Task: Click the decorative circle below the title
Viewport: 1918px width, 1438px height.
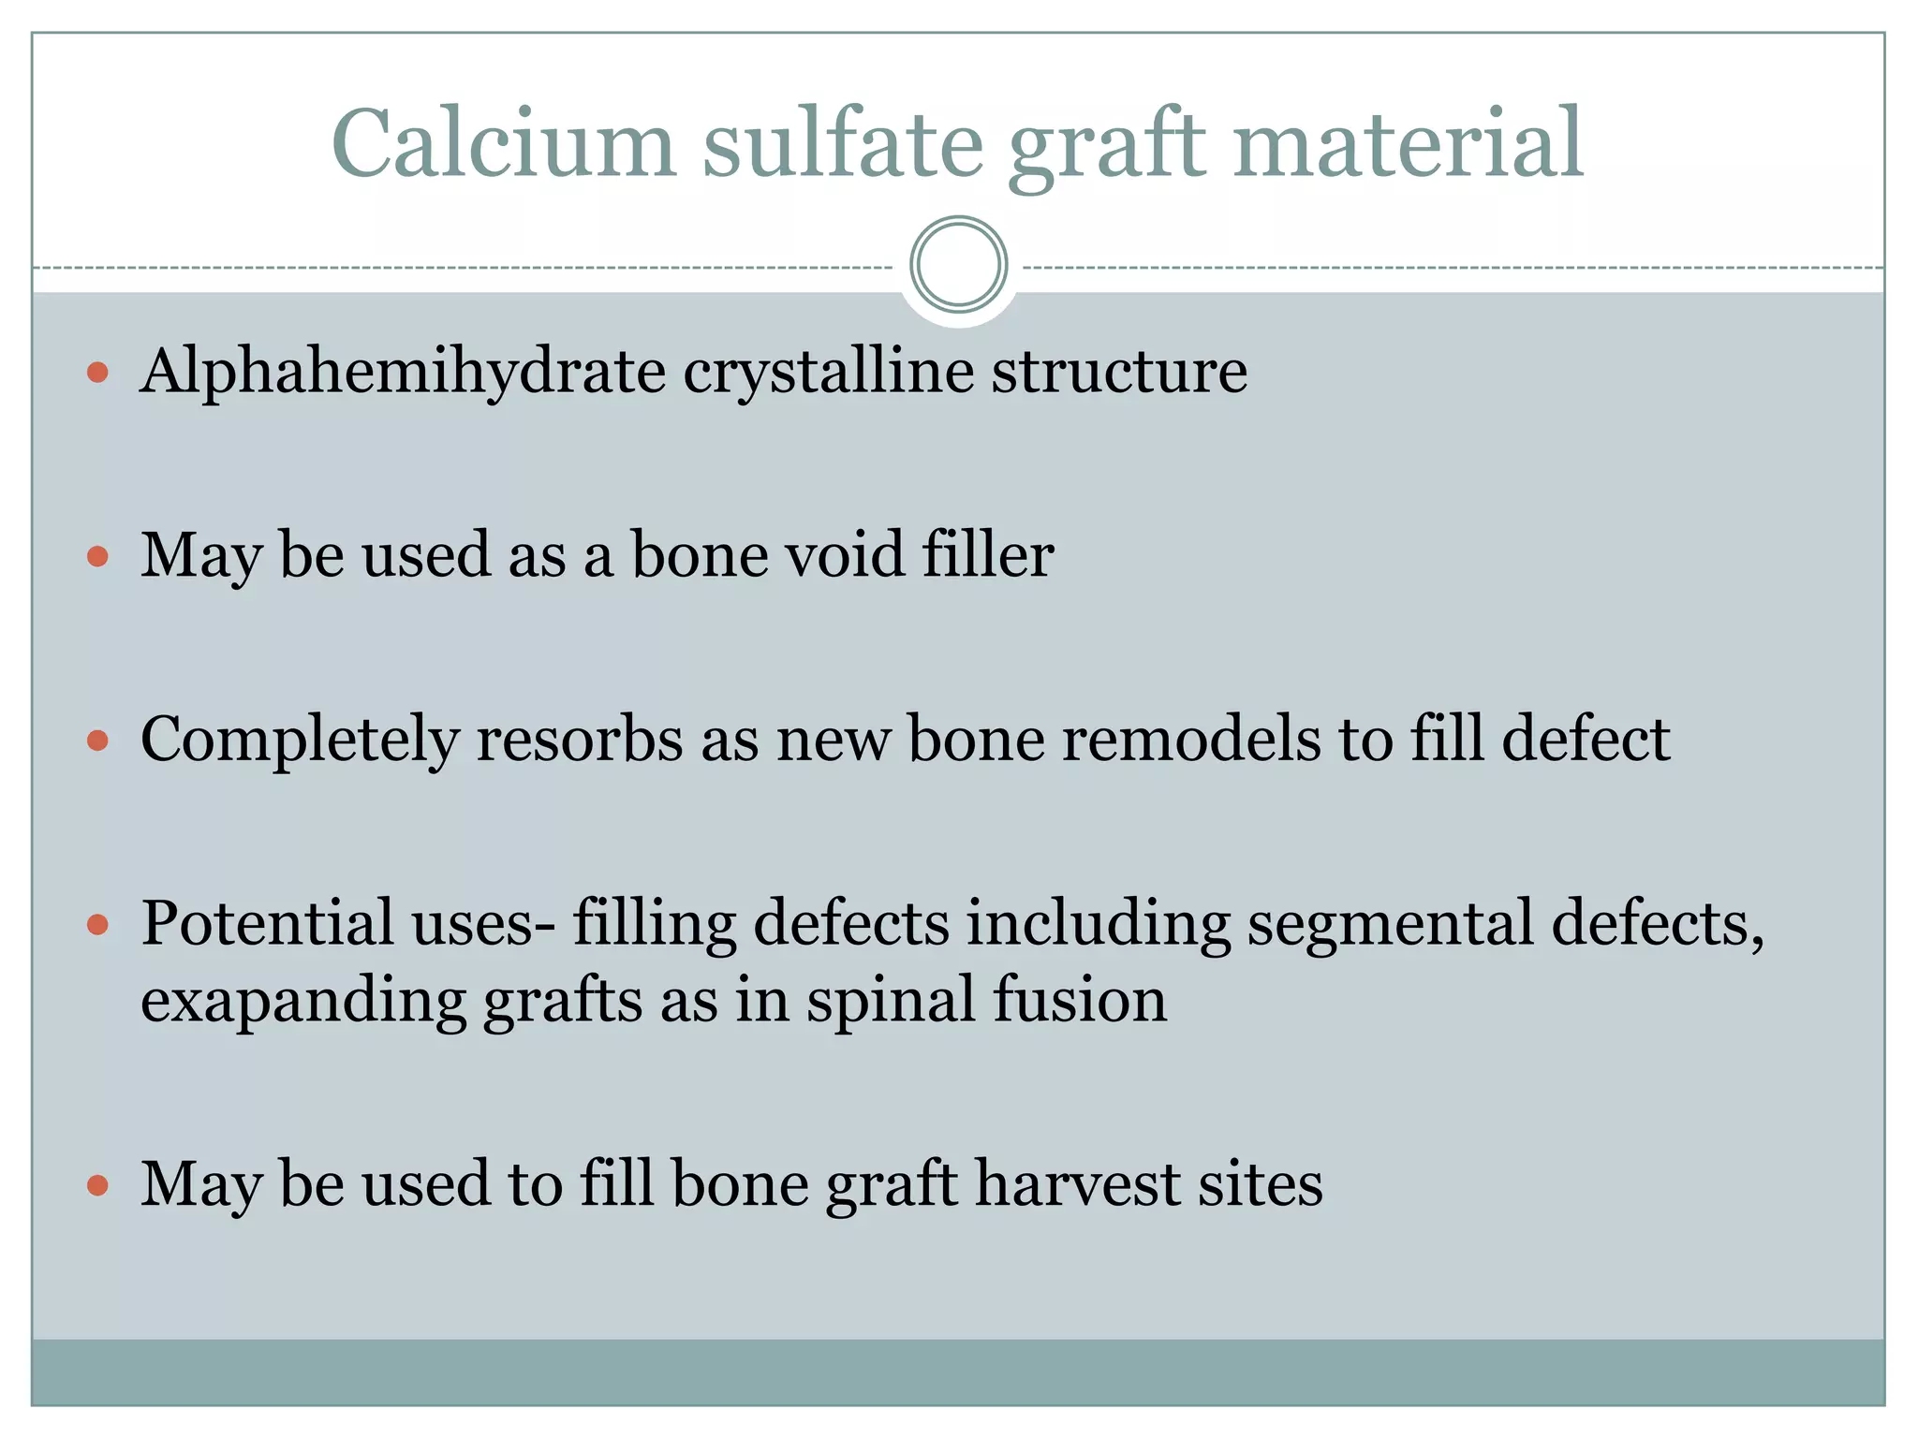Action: click(x=958, y=264)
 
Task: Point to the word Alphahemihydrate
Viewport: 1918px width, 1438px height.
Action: click(x=403, y=372)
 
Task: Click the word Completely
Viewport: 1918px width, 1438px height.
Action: click(x=300, y=740)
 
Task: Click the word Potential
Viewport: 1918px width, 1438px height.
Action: click(x=267, y=923)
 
